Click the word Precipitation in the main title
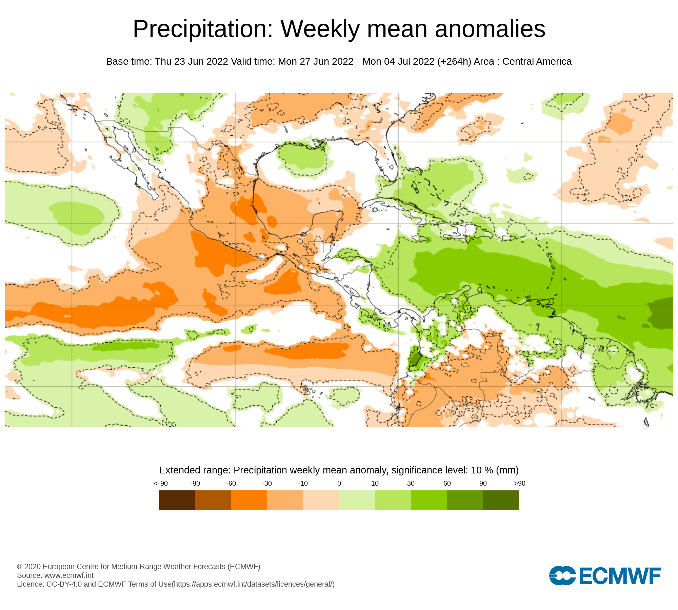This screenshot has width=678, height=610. tap(203, 29)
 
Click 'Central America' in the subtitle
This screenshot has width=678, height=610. tap(537, 62)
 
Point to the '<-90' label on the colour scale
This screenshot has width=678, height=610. tap(161, 484)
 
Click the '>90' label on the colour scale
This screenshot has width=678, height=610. tap(519, 484)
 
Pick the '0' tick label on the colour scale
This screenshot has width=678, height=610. tap(339, 484)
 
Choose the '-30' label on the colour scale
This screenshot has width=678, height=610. tap(267, 484)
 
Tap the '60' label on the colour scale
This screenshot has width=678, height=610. tap(447, 484)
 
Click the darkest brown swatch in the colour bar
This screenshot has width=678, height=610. tap(177, 500)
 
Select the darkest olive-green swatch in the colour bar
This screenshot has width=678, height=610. tap(501, 500)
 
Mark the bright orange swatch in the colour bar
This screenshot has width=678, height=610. tap(249, 500)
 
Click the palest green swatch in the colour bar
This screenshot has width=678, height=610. tap(357, 500)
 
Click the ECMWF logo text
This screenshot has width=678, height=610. tap(620, 576)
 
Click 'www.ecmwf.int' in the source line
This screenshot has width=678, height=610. tap(69, 575)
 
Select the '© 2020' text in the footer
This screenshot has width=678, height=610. tap(29, 567)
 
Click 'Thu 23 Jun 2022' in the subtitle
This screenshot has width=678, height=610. tap(191, 62)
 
